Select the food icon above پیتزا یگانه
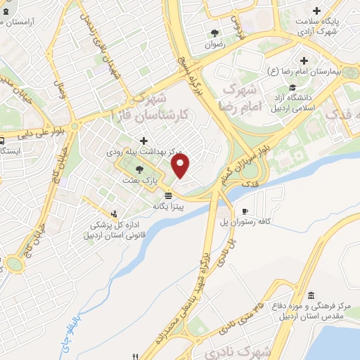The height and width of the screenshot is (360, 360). (x=167, y=195)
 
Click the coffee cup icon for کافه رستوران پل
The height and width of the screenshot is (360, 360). (x=244, y=210)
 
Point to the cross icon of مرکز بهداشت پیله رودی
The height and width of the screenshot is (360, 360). (x=143, y=140)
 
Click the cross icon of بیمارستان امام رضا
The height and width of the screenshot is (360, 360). (x=304, y=60)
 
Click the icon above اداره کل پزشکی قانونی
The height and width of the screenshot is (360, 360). (x=113, y=214)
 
